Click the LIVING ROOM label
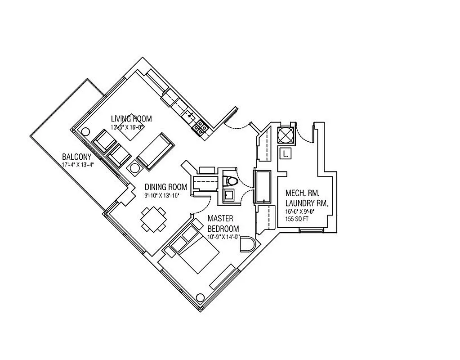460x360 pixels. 131,119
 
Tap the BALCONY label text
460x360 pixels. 76,157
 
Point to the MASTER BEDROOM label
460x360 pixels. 223,223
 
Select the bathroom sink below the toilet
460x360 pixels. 228,194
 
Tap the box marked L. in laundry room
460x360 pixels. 285,154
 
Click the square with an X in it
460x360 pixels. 286,135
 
